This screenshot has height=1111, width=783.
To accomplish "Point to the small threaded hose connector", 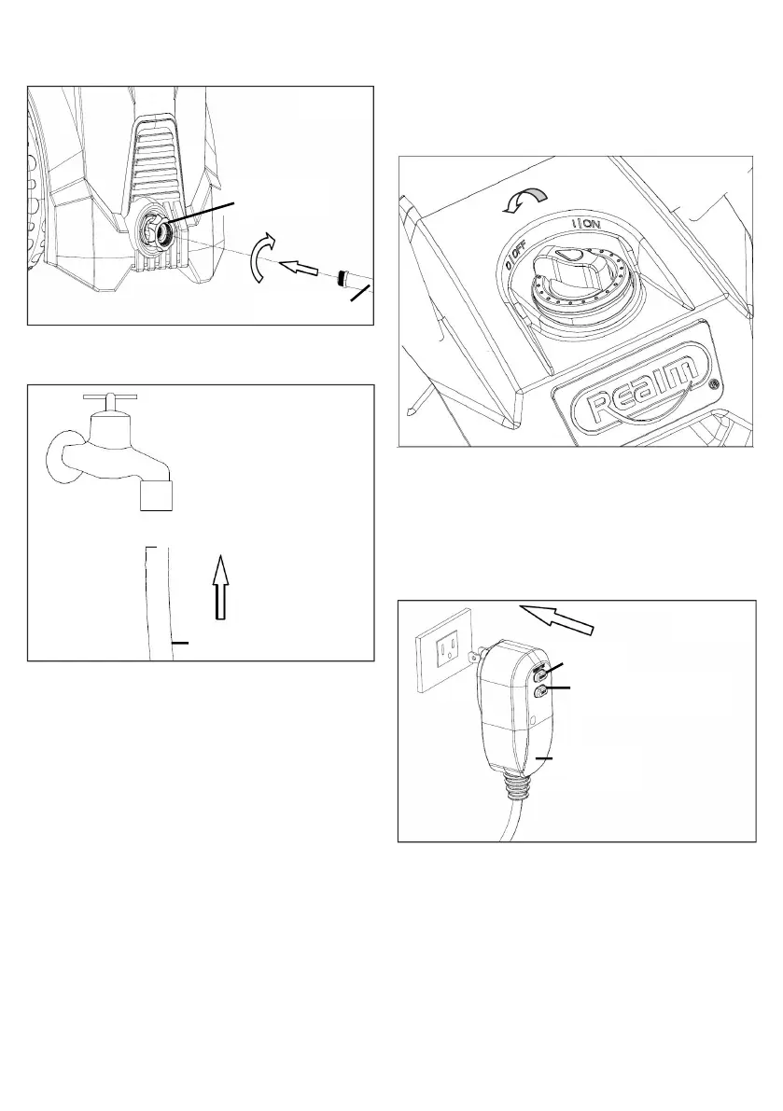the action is click(x=344, y=278).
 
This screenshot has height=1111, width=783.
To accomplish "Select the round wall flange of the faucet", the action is click(x=63, y=455).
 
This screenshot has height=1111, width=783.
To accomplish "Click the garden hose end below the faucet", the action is click(x=157, y=597).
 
